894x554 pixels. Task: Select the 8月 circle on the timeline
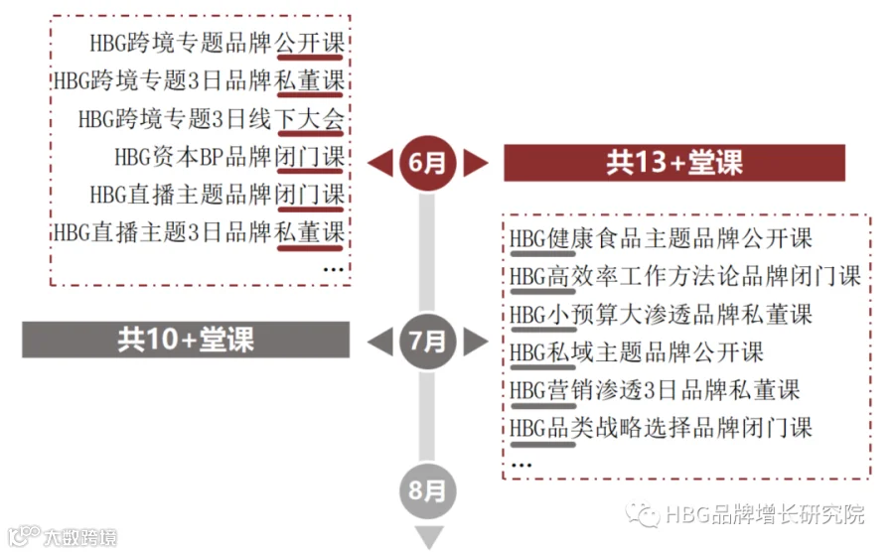point(428,490)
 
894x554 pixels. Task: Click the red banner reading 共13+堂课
point(673,163)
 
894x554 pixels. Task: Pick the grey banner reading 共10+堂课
point(186,340)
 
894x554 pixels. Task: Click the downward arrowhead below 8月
point(428,538)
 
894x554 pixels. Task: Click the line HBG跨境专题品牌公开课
point(217,43)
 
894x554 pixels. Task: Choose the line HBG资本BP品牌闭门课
point(228,157)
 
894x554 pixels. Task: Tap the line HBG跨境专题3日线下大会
point(211,119)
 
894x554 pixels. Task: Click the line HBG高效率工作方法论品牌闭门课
point(685,276)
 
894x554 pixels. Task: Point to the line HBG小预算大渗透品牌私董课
point(661,314)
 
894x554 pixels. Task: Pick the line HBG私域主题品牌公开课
point(637,351)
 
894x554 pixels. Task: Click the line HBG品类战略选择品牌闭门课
point(661,427)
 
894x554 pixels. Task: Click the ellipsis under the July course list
point(521,463)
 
